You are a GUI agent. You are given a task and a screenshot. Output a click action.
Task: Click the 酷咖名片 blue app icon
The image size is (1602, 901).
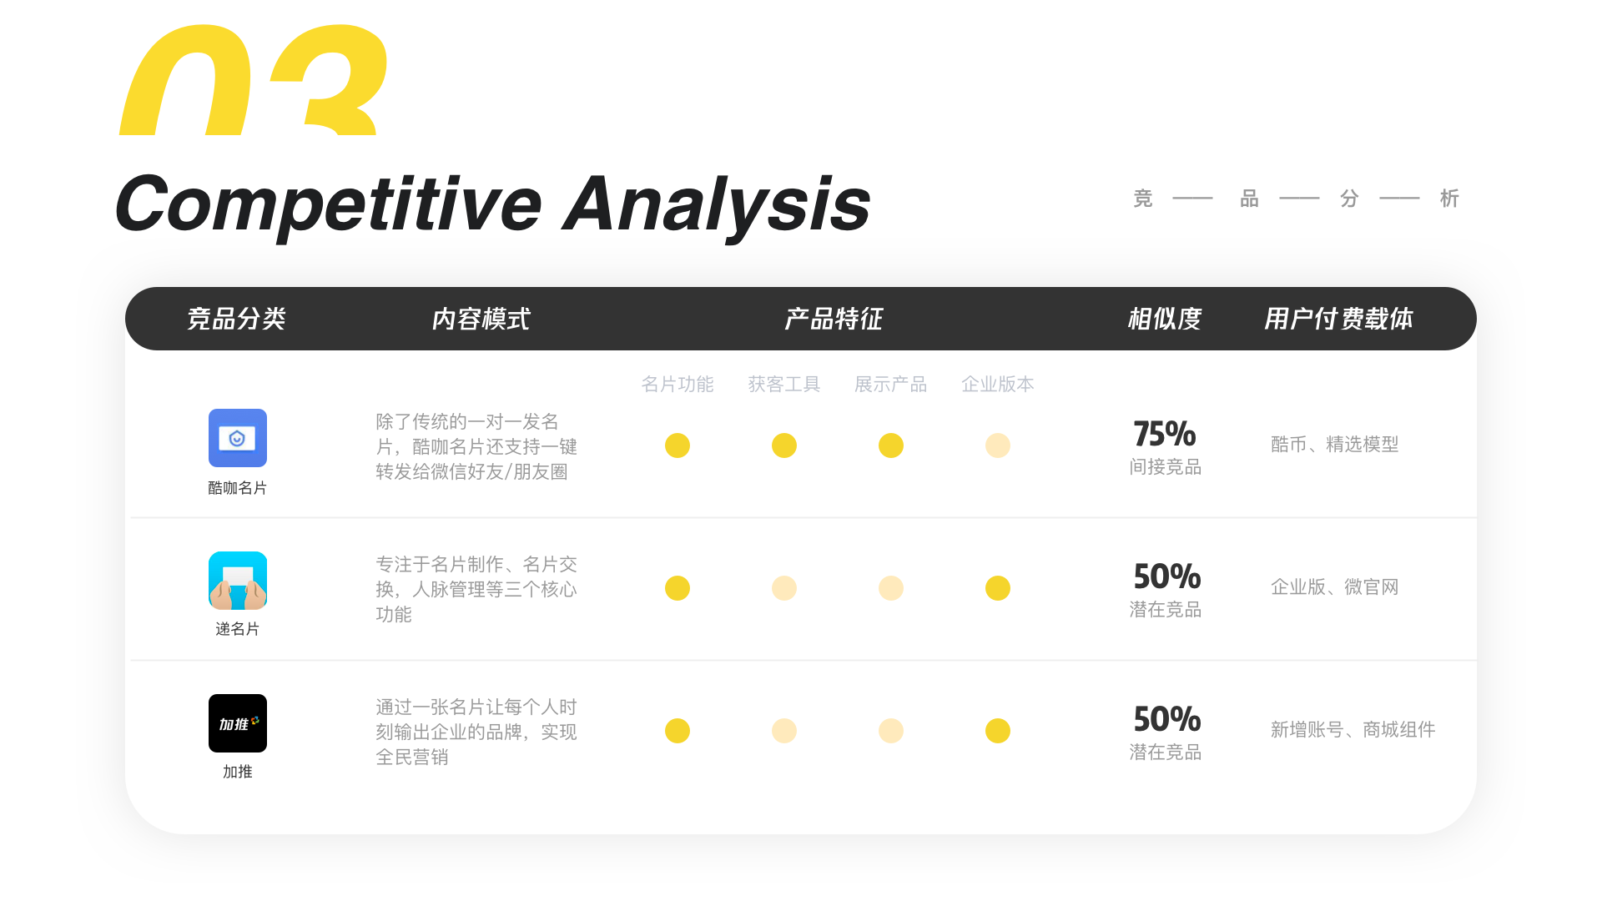point(238,438)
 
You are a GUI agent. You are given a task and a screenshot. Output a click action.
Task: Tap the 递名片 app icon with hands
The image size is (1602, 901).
point(238,581)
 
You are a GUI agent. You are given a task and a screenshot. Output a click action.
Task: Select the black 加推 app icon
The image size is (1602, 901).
point(238,723)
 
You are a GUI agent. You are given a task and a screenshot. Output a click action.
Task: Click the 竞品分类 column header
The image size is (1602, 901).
point(237,319)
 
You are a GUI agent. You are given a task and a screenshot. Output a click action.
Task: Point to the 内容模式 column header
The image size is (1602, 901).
point(481,319)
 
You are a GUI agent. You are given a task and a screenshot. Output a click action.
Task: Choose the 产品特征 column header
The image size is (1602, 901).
point(834,319)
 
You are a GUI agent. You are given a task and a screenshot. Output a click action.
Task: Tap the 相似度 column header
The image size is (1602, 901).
point(1165,319)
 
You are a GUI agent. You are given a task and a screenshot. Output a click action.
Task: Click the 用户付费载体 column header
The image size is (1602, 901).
point(1338,319)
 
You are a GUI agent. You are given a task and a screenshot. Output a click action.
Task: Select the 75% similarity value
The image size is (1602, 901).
point(1165,434)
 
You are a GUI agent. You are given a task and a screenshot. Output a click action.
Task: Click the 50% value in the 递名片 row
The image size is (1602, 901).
point(1167,576)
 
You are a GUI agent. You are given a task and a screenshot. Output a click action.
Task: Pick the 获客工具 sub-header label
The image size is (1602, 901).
point(784,384)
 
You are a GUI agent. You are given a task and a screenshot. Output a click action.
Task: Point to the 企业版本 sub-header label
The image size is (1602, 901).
point(998,384)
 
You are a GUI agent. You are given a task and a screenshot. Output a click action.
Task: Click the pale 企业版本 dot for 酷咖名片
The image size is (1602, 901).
point(998,445)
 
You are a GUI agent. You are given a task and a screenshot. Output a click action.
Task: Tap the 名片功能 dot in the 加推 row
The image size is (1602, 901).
point(678,731)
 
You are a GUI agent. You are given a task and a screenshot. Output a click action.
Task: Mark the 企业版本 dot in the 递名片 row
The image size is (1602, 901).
point(998,588)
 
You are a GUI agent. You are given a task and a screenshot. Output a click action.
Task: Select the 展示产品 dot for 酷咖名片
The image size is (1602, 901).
point(891,445)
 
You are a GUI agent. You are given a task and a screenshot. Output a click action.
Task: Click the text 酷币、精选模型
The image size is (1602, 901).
point(1335,445)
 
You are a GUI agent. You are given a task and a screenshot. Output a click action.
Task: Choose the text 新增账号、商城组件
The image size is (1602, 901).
point(1353,730)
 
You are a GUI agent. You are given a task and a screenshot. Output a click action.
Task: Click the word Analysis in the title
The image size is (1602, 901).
point(718,205)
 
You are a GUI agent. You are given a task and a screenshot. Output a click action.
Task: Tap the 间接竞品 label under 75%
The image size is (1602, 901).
point(1166,467)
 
